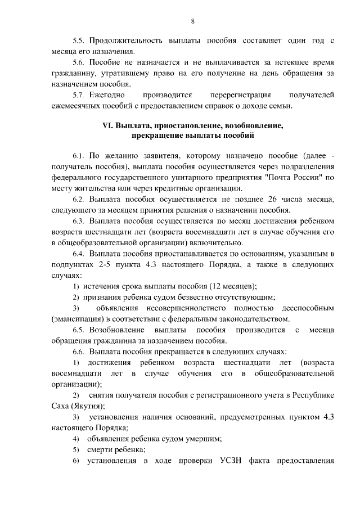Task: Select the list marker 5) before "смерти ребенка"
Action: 76,450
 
